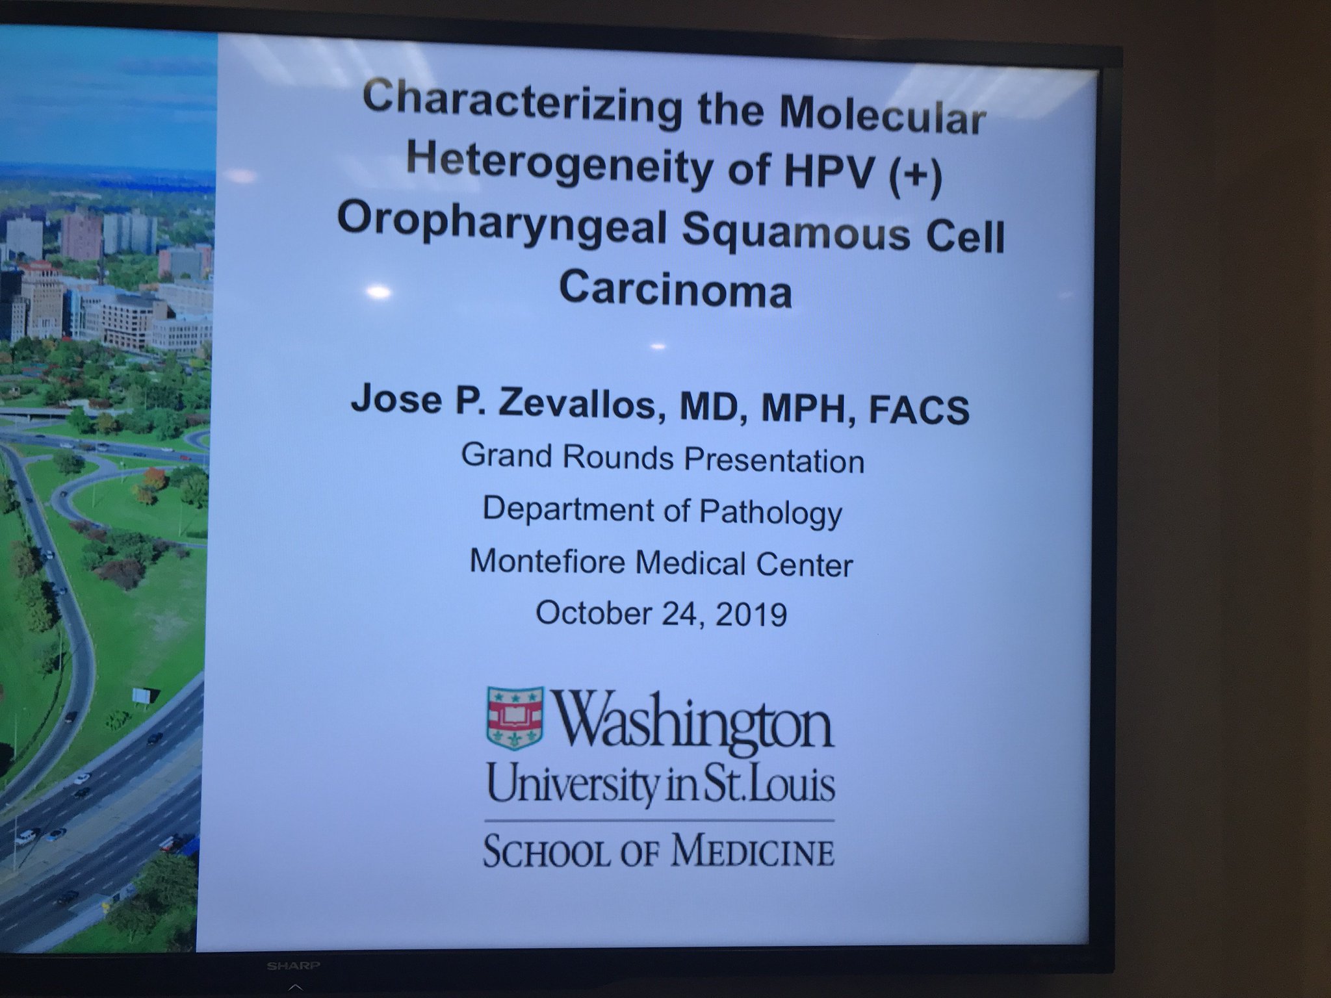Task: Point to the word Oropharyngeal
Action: tap(501, 224)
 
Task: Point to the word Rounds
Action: tap(618, 457)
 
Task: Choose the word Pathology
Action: tap(770, 513)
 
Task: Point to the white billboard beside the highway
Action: tap(143, 696)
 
